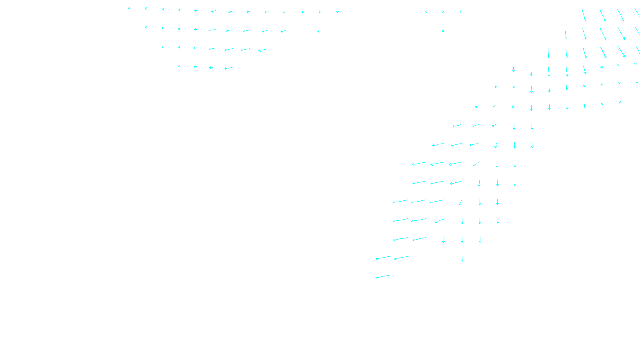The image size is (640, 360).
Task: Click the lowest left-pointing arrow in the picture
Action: (x=383, y=276)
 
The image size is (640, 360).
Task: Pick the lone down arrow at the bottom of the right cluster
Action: (x=462, y=258)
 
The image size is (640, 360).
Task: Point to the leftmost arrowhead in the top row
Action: (x=129, y=8)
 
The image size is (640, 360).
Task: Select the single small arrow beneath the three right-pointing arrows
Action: (x=443, y=30)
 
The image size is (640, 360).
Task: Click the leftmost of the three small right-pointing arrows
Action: (x=426, y=12)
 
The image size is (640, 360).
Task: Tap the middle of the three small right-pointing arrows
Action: (x=443, y=12)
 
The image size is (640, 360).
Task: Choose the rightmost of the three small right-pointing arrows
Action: (x=460, y=12)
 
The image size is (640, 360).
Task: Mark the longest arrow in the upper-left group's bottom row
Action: (x=228, y=68)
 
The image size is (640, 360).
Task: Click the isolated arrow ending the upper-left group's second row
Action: (x=319, y=31)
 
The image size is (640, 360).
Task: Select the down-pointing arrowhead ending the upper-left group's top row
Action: (x=338, y=12)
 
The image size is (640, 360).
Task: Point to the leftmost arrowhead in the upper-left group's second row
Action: (x=146, y=27)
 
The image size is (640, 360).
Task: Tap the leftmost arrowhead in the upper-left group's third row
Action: (x=162, y=47)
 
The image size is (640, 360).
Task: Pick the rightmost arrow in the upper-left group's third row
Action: (x=263, y=50)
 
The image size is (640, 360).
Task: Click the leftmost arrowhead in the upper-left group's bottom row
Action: (x=179, y=66)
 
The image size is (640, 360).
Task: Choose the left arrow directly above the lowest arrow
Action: (x=383, y=258)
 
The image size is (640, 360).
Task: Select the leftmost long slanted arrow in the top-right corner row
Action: (x=584, y=15)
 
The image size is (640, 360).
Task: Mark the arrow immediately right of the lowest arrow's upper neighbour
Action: (x=401, y=258)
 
